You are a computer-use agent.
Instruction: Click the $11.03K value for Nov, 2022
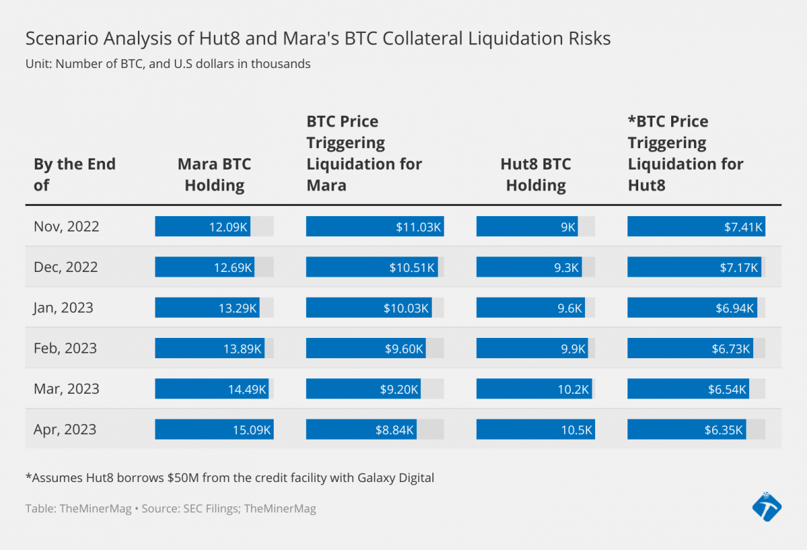click(418, 227)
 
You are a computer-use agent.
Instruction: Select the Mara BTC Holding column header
click(215, 174)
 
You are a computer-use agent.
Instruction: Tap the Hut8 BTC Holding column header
click(535, 174)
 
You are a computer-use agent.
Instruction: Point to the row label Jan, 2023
click(63, 308)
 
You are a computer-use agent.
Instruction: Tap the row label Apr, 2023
click(65, 429)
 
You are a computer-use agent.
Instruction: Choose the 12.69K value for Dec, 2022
click(233, 267)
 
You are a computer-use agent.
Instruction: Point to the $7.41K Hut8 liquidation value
click(743, 227)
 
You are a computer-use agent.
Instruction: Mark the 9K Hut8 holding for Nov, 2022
click(568, 227)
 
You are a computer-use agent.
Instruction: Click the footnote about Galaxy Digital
click(230, 478)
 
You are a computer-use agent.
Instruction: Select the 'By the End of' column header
click(75, 174)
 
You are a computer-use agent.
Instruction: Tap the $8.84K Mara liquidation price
click(395, 429)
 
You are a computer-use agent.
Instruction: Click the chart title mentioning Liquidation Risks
click(318, 39)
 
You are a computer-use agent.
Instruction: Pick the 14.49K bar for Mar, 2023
click(213, 389)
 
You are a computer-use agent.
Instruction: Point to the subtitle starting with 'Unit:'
click(168, 64)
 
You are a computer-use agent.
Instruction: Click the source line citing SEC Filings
click(171, 509)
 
